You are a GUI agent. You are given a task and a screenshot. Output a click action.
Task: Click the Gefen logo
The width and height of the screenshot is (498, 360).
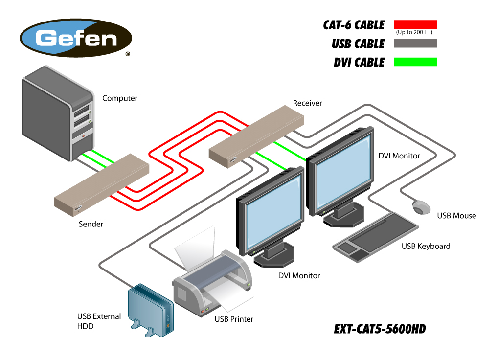tap(76, 39)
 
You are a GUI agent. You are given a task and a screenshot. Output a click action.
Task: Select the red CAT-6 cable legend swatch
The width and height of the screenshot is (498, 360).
tap(415, 24)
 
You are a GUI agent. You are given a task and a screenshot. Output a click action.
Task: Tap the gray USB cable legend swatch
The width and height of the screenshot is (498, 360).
tap(415, 44)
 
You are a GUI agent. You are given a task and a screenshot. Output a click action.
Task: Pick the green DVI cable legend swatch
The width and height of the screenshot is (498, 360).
tap(415, 62)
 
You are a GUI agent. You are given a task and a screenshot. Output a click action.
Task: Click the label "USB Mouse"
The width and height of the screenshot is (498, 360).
tap(456, 216)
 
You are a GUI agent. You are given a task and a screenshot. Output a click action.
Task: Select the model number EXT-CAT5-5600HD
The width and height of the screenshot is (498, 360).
tap(380, 329)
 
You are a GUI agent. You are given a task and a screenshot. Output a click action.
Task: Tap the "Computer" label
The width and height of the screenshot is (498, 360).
tap(120, 98)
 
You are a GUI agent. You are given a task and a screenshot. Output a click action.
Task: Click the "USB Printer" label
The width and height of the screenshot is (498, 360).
tap(234, 319)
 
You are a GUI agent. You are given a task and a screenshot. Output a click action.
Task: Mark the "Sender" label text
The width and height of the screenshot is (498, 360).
tap(91, 224)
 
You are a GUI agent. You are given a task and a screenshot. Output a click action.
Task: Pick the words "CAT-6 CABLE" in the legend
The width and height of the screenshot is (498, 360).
tap(354, 25)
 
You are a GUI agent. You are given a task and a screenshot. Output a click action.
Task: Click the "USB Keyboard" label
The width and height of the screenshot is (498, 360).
tap(426, 246)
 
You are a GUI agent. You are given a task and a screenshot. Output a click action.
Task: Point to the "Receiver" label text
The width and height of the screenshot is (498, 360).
tap(307, 103)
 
